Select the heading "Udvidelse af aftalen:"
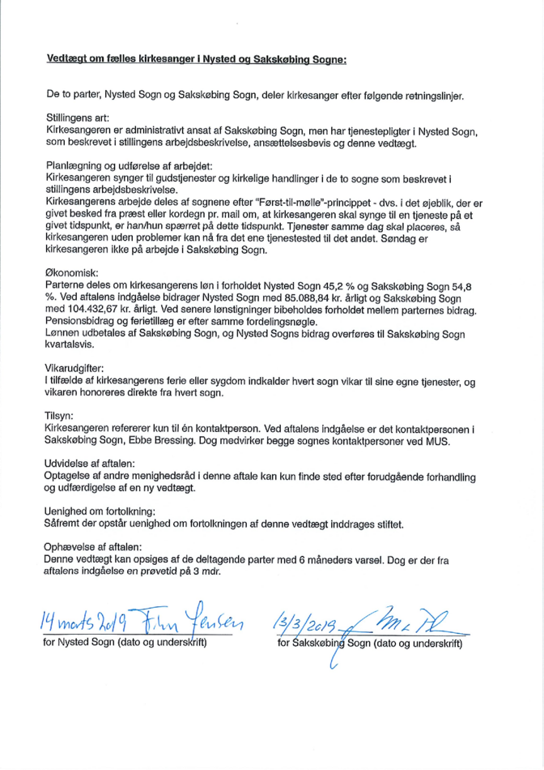pos(96,462)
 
